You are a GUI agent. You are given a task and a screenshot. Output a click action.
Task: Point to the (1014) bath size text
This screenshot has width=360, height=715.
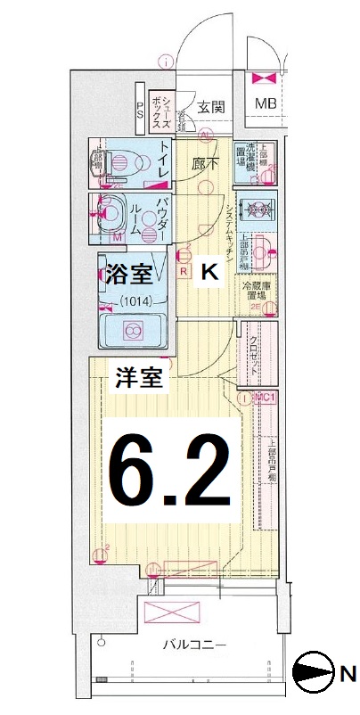pyautogui.click(x=132, y=300)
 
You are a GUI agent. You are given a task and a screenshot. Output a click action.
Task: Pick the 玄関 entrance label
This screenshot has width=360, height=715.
pyautogui.click(x=211, y=106)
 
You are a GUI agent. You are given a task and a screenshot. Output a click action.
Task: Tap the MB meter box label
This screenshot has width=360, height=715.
pyautogui.click(x=266, y=104)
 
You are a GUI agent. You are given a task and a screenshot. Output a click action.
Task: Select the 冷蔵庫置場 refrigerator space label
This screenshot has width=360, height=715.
pyautogui.click(x=258, y=292)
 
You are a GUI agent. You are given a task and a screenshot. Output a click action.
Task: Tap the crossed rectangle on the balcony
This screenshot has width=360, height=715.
pyautogui.click(x=171, y=613)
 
